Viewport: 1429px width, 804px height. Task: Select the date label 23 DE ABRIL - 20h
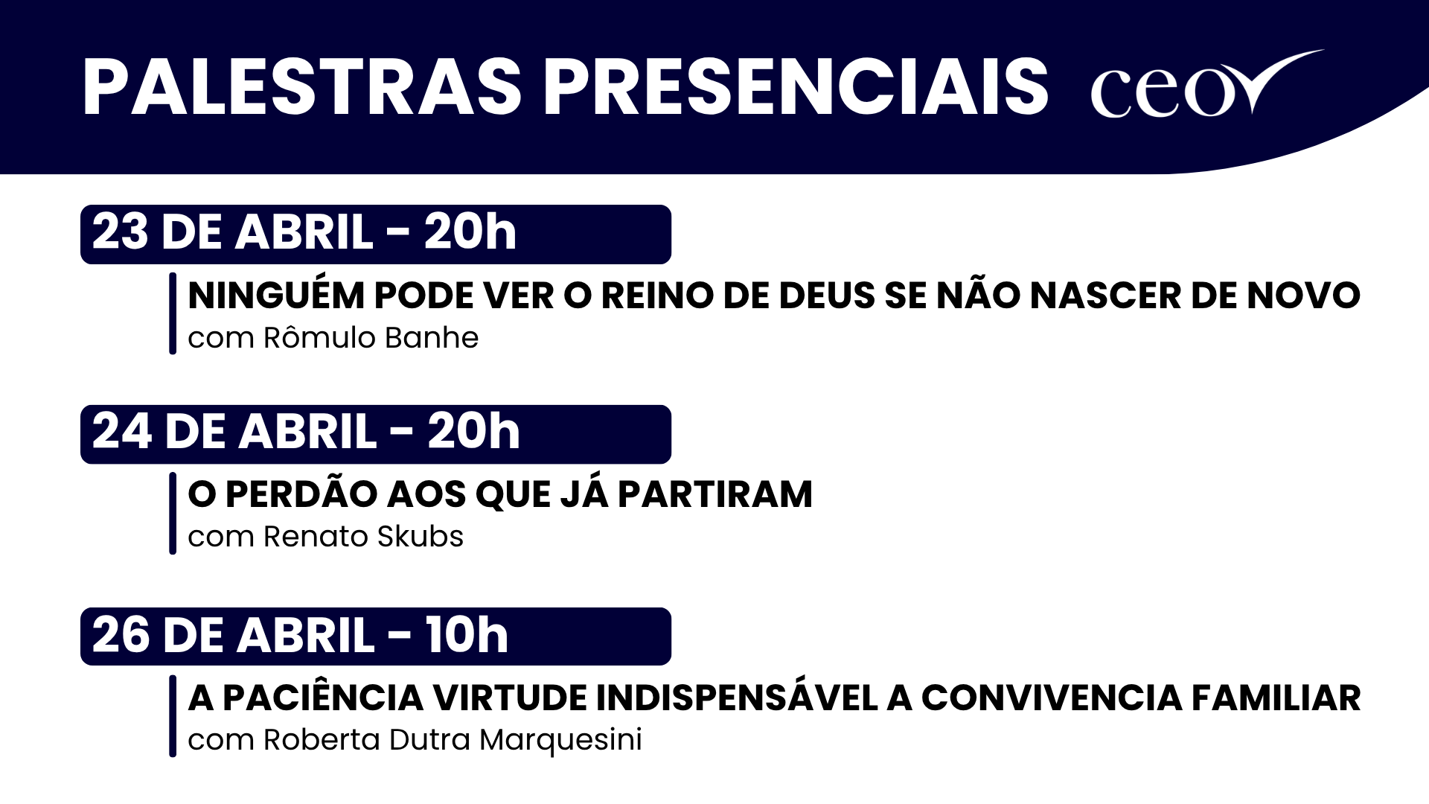[x=304, y=232]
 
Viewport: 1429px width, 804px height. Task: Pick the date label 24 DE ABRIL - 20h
[x=305, y=432]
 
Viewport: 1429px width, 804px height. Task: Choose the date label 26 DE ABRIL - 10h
[x=300, y=636]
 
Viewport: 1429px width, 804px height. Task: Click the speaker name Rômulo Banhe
[x=371, y=338]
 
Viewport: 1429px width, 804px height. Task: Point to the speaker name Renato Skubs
[x=363, y=537]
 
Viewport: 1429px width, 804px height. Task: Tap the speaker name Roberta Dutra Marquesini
[x=453, y=740]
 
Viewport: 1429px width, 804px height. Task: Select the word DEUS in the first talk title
[x=826, y=296]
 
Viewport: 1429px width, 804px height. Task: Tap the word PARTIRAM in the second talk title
[x=714, y=494]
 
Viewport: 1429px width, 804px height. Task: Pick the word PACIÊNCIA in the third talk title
[x=323, y=698]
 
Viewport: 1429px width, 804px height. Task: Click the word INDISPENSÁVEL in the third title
[x=737, y=698]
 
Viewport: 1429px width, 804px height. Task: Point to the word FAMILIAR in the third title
[x=1276, y=698]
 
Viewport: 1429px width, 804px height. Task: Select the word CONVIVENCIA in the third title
[x=1052, y=698]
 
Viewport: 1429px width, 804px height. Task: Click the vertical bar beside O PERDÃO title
[x=173, y=514]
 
